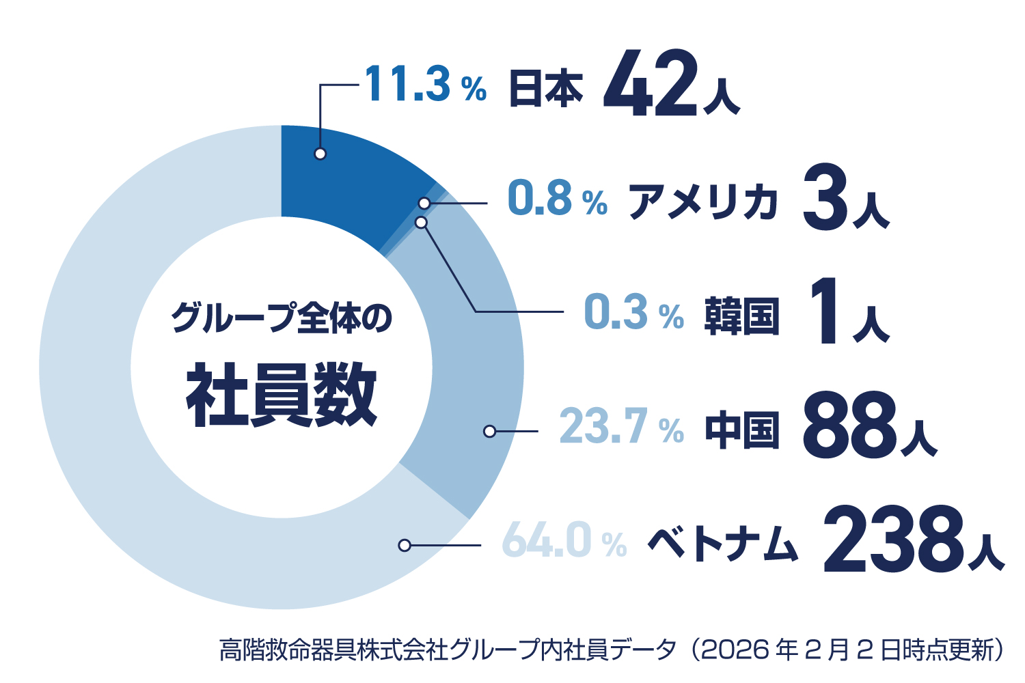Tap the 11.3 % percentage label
pos(425,85)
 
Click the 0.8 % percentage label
pos(558,199)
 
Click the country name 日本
pos(546,89)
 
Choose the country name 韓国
pos(741,316)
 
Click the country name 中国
pos(741,430)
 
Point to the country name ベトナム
pos(722,544)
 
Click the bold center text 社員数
pos(281,395)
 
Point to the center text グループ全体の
pos(281,318)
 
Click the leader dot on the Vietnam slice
pos(405,545)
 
